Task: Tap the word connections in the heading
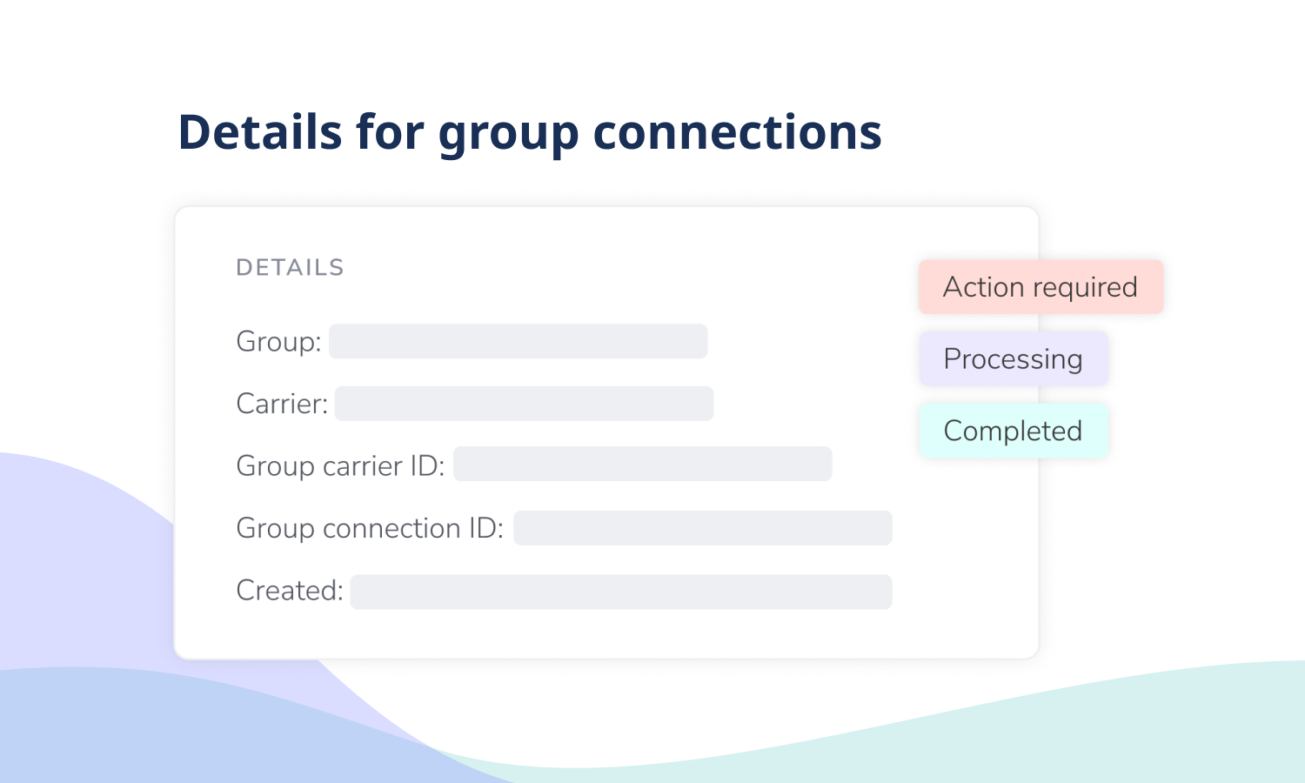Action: click(737, 133)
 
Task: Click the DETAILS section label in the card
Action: click(290, 268)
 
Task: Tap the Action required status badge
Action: click(1041, 287)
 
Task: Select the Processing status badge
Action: click(1014, 358)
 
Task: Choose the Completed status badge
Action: click(1014, 432)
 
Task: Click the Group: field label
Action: click(278, 342)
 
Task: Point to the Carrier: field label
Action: click(282, 404)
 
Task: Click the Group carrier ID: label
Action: click(340, 466)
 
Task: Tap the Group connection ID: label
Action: click(370, 528)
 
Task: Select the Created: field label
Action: click(290, 590)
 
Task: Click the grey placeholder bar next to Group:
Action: click(519, 341)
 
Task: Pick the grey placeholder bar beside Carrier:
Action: click(525, 403)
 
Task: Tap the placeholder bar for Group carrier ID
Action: click(643, 464)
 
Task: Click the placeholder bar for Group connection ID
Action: click(703, 528)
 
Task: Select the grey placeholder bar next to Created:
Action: click(621, 592)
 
